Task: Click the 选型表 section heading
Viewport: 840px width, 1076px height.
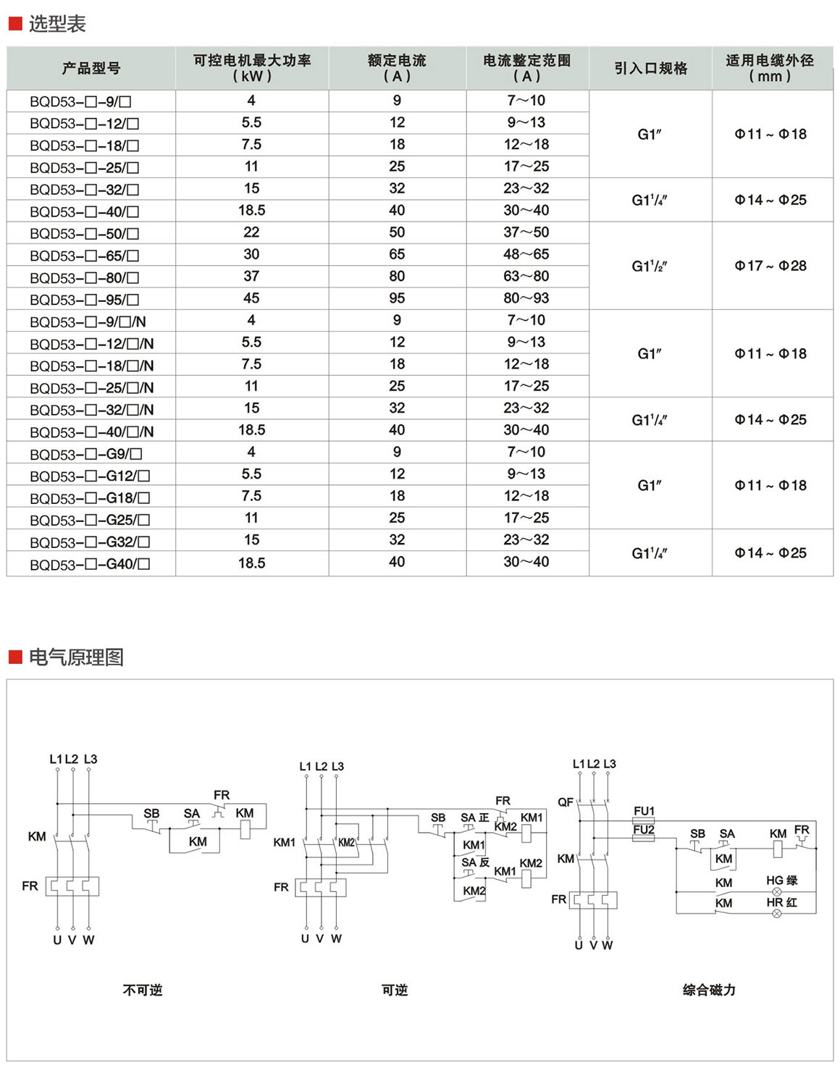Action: (x=56, y=24)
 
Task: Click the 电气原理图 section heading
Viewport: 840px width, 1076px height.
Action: (x=75, y=657)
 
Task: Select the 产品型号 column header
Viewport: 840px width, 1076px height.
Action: (x=91, y=69)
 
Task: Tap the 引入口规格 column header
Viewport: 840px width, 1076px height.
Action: (x=650, y=69)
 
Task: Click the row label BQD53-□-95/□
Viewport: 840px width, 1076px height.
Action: (x=84, y=300)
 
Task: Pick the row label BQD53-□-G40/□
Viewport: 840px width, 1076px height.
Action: (x=90, y=564)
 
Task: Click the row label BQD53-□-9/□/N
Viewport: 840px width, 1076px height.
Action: (x=91, y=322)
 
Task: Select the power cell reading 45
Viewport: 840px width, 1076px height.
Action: (x=251, y=298)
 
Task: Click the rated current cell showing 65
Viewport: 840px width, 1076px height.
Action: (x=397, y=254)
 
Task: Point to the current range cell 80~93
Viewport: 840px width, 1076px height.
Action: (x=526, y=298)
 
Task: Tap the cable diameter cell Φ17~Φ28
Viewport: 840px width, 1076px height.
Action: (x=770, y=266)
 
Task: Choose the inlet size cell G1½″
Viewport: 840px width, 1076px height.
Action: (x=650, y=266)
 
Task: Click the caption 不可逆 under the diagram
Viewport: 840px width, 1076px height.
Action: (x=143, y=990)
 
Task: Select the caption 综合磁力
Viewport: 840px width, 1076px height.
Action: (x=709, y=990)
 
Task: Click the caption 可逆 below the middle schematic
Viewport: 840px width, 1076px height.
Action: (x=395, y=990)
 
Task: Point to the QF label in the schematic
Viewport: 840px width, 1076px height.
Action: (x=566, y=802)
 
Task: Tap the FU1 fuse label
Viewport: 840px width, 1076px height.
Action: (x=644, y=811)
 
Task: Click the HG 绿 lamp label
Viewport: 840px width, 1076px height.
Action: (x=781, y=880)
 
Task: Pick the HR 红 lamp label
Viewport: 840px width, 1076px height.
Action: (x=781, y=902)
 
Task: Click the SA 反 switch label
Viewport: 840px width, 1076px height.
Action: (x=475, y=862)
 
